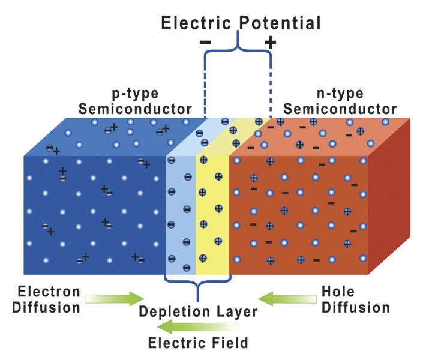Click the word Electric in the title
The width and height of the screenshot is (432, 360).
196,23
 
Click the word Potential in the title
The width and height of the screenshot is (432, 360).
280,23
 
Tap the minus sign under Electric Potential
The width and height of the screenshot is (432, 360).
205,42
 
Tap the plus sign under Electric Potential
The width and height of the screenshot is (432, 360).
271,42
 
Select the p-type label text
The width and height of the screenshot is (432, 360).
135,94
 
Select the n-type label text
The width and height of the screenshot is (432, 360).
340,94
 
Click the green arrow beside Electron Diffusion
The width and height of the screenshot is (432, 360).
115,298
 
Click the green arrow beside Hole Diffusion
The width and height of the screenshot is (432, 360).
288,298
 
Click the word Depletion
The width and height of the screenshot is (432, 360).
167,312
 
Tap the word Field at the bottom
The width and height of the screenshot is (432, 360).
232,344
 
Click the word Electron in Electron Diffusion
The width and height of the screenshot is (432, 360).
49,292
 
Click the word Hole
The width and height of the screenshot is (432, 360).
338,292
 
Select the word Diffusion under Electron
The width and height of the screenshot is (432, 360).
49,308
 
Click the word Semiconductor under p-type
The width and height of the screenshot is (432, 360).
135,109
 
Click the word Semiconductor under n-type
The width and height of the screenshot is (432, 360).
340,109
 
